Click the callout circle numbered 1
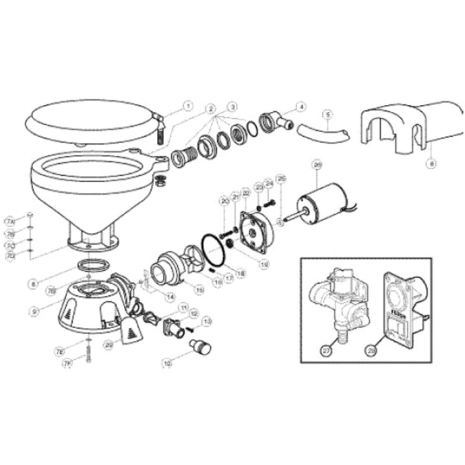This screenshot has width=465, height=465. pos(188,106)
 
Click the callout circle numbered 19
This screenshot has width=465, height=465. pos(265,266)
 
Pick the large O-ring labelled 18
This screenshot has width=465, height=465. pos(215,250)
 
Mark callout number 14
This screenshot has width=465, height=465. pos(170,297)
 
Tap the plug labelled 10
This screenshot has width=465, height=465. pos(200,348)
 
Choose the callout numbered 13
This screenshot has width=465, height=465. pos(207,321)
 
